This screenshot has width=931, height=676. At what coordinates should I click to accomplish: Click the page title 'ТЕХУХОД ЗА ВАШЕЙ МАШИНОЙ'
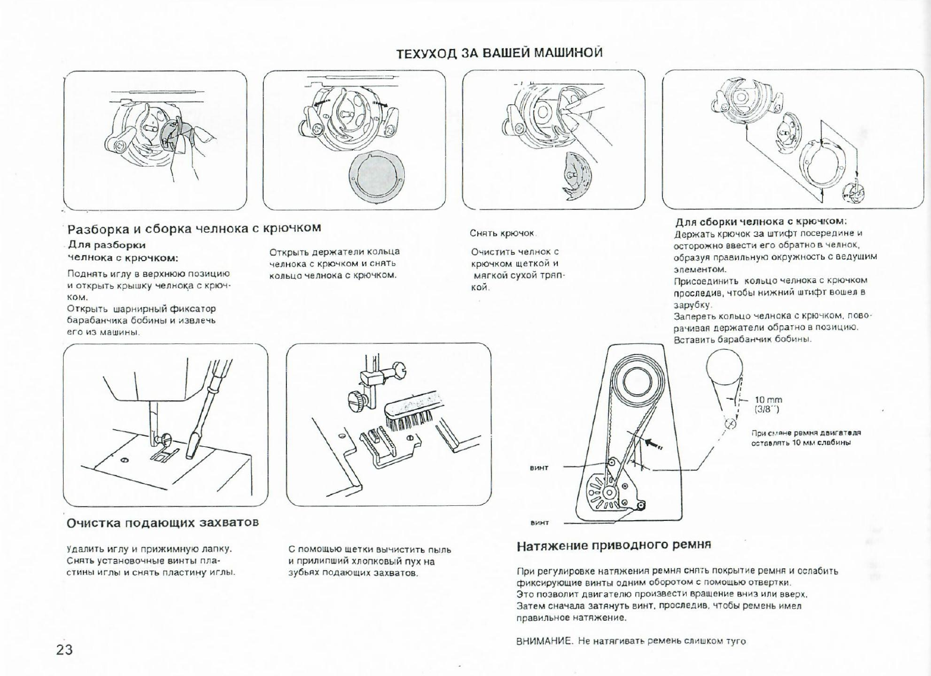point(499,53)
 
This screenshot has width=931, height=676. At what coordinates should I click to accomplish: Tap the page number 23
point(65,649)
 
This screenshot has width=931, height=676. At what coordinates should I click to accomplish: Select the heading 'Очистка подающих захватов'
point(163,522)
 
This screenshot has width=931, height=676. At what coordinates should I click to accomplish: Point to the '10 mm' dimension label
point(768,400)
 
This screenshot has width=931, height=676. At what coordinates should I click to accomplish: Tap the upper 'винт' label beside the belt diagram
point(539,468)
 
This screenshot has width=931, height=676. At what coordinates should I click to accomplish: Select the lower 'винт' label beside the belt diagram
point(539,522)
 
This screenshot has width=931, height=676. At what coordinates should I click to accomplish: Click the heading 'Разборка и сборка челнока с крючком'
point(193,228)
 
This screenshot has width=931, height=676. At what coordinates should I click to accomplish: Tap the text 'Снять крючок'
point(503,234)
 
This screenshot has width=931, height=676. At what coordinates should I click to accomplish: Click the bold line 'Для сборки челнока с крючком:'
point(761,222)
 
